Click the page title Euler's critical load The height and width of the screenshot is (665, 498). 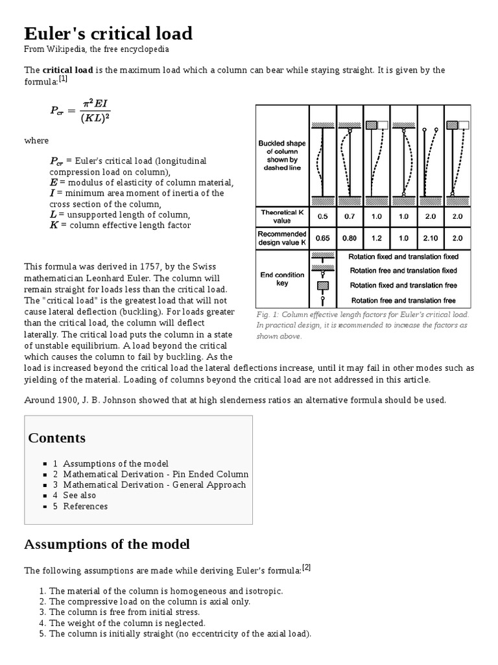pos(108,33)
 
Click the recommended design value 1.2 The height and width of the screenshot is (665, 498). pos(376,238)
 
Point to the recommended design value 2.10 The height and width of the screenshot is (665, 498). pos(431,238)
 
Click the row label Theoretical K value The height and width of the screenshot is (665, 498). pos(282,216)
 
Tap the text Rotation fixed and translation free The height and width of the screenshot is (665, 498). pos(403,285)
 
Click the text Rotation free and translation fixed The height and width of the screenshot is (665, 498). pos(403,271)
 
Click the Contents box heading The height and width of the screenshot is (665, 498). pos(56,438)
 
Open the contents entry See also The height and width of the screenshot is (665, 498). pos(79,496)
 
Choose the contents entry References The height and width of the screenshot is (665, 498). pos(85,507)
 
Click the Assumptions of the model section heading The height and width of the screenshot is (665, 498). pos(107,544)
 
